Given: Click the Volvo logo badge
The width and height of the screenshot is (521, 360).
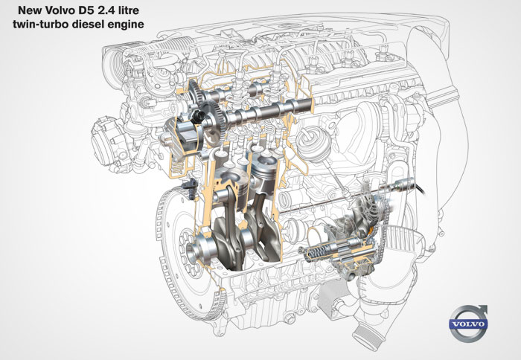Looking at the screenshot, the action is click(468, 323).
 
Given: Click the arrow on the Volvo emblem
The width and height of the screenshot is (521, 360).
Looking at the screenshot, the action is click(480, 310).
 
